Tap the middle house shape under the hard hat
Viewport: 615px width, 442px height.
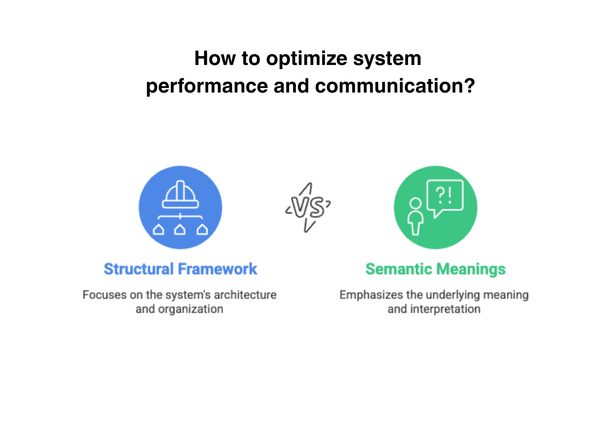[x=180, y=230]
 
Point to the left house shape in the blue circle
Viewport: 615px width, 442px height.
[x=158, y=230]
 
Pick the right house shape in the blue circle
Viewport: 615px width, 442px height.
[x=202, y=230]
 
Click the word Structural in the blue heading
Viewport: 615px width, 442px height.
[x=139, y=269]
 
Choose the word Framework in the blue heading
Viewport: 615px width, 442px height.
[x=217, y=269]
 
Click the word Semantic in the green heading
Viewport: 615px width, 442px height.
[x=399, y=269]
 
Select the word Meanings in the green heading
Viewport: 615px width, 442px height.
[x=471, y=269]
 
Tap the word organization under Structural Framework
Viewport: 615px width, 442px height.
[x=191, y=309]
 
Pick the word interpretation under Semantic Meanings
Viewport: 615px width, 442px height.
[x=445, y=309]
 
